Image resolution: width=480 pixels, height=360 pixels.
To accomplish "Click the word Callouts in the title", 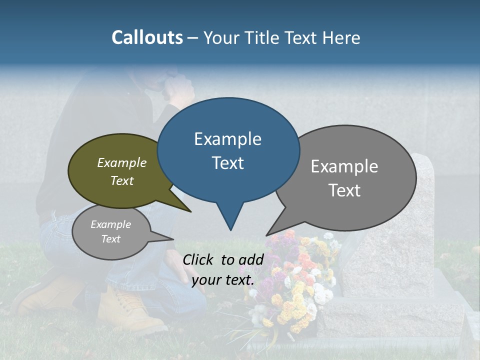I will click(147, 37).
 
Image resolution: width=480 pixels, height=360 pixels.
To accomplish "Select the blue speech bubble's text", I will click(228, 151).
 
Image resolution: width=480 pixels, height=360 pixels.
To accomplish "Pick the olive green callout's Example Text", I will click(122, 171).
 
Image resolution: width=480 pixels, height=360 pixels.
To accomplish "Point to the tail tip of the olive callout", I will click(190, 211).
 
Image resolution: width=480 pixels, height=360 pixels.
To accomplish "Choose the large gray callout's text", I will click(344, 178).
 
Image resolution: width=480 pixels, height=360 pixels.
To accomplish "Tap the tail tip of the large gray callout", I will click(266, 235).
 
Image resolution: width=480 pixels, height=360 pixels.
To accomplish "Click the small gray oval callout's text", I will click(111, 231).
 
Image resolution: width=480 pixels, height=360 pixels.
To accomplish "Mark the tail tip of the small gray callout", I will click(173, 239).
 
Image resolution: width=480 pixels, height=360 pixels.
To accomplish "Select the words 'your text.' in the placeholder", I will click(223, 280).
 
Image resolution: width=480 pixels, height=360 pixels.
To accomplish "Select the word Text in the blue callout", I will click(228, 163).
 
